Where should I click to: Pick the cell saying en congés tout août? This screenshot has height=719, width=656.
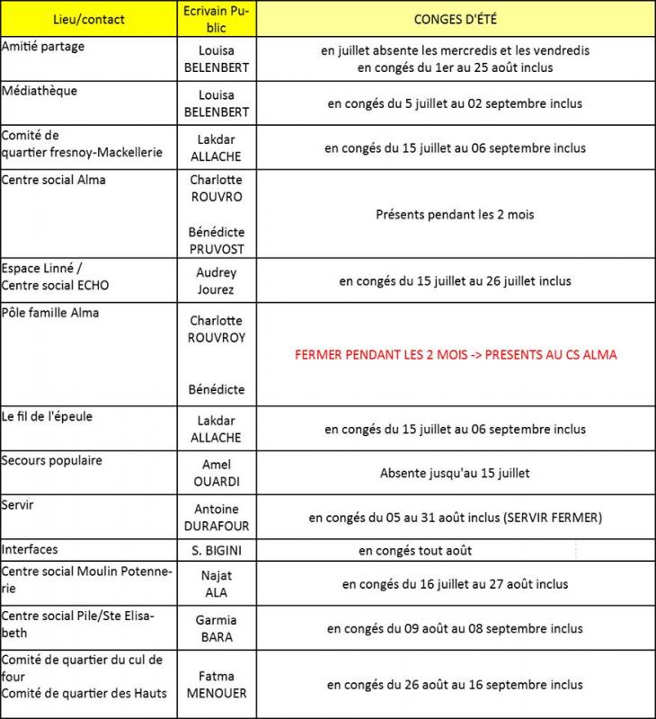click(x=415, y=550)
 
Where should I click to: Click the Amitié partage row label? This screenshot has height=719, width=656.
click(x=43, y=47)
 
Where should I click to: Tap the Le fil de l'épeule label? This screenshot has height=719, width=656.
click(x=48, y=417)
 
